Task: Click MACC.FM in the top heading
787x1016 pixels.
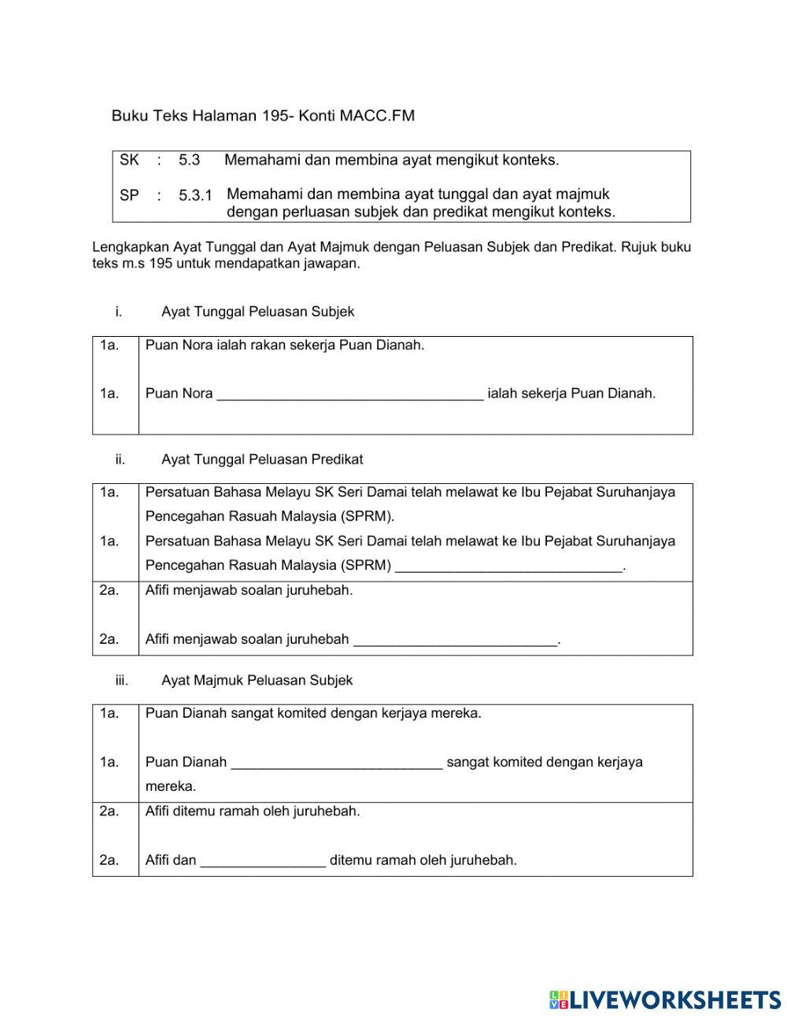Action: tap(377, 116)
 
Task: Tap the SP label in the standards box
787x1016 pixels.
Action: tap(129, 194)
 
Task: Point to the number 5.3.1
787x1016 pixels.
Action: tap(195, 195)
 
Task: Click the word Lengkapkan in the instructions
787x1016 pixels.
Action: tap(126, 247)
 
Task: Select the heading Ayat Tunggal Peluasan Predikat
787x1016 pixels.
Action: tap(262, 459)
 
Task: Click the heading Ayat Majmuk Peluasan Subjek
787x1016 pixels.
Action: tap(257, 680)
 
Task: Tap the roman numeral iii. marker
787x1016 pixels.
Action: tap(121, 680)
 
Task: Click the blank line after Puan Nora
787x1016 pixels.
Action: tap(349, 397)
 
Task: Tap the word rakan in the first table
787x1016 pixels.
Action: tap(265, 345)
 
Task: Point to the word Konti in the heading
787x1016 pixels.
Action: tap(317, 116)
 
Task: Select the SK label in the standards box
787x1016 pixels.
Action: tap(129, 160)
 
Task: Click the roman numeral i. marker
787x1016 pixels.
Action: tap(118, 312)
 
